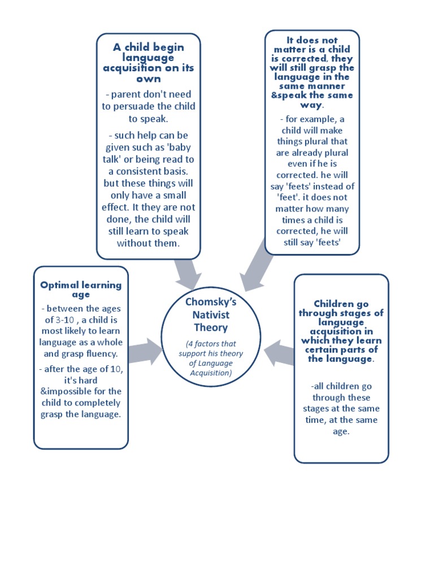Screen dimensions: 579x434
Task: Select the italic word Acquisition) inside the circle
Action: (211, 373)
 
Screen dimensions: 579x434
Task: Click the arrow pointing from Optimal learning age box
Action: (145, 351)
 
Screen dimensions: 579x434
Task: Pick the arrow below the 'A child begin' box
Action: (186, 274)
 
